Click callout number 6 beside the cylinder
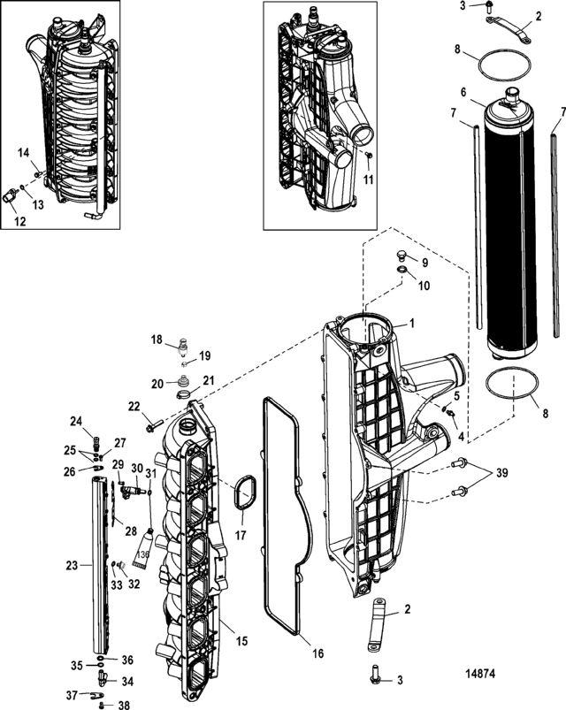point(488,92)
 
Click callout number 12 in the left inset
point(19,221)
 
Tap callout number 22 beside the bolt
point(134,406)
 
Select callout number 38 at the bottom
point(124,706)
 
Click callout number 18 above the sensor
point(156,340)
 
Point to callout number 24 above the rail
point(75,421)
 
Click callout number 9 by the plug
point(423,263)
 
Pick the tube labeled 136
point(141,549)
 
